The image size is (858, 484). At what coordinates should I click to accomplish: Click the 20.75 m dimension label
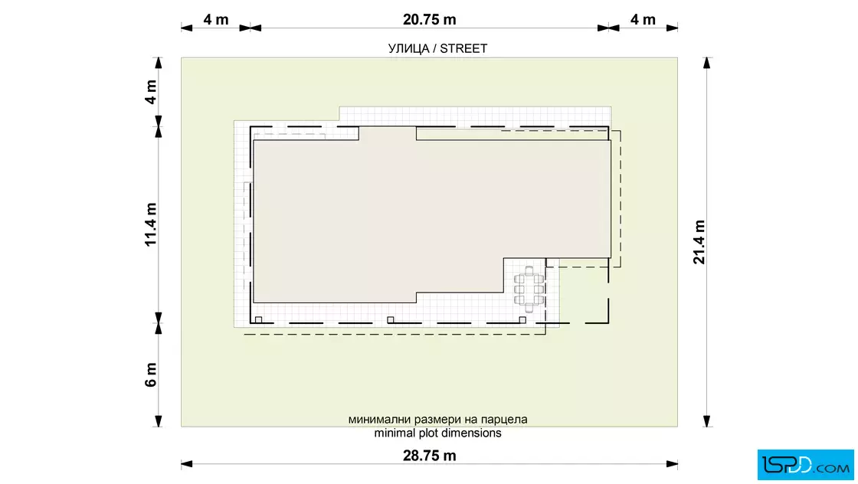pyautogui.click(x=430, y=20)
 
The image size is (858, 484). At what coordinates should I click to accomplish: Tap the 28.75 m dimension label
pyautogui.click(x=430, y=456)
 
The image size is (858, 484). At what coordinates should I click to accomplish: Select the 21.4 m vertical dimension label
pyautogui.click(x=699, y=242)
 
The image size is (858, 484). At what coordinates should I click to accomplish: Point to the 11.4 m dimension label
pyautogui.click(x=151, y=225)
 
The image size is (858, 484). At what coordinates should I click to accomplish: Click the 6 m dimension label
pyautogui.click(x=151, y=374)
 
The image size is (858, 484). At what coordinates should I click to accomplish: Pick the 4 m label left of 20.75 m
pyautogui.click(x=216, y=20)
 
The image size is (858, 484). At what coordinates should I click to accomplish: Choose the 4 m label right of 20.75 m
pyautogui.click(x=643, y=20)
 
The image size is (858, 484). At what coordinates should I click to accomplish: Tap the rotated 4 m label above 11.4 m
pyautogui.click(x=151, y=92)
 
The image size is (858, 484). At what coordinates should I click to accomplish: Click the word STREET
pyautogui.click(x=463, y=49)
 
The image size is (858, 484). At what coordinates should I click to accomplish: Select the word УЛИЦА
pyautogui.click(x=409, y=49)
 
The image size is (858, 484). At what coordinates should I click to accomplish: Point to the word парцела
pyautogui.click(x=504, y=420)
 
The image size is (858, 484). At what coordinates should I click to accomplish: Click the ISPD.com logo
pyautogui.click(x=805, y=465)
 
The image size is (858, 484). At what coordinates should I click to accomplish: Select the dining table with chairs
pyautogui.click(x=529, y=289)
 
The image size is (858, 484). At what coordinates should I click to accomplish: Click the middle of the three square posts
pyautogui.click(x=390, y=320)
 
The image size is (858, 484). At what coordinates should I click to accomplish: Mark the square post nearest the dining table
pyautogui.click(x=522, y=320)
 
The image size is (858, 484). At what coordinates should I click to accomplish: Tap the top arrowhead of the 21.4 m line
pyautogui.click(x=706, y=62)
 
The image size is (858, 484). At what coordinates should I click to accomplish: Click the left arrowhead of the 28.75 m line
pyautogui.click(x=187, y=464)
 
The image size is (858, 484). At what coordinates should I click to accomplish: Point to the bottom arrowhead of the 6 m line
pyautogui.click(x=159, y=421)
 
